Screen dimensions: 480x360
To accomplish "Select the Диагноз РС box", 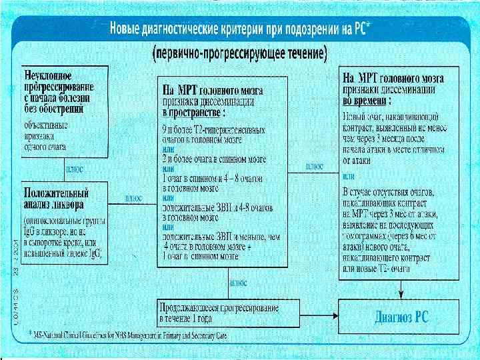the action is coord(398,316).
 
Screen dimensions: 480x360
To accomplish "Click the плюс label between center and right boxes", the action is coord(315,165).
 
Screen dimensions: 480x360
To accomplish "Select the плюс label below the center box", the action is coord(238,282).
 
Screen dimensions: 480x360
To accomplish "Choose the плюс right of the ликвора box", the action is coord(134,198).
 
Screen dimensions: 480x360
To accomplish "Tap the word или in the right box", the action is coord(348,177).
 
